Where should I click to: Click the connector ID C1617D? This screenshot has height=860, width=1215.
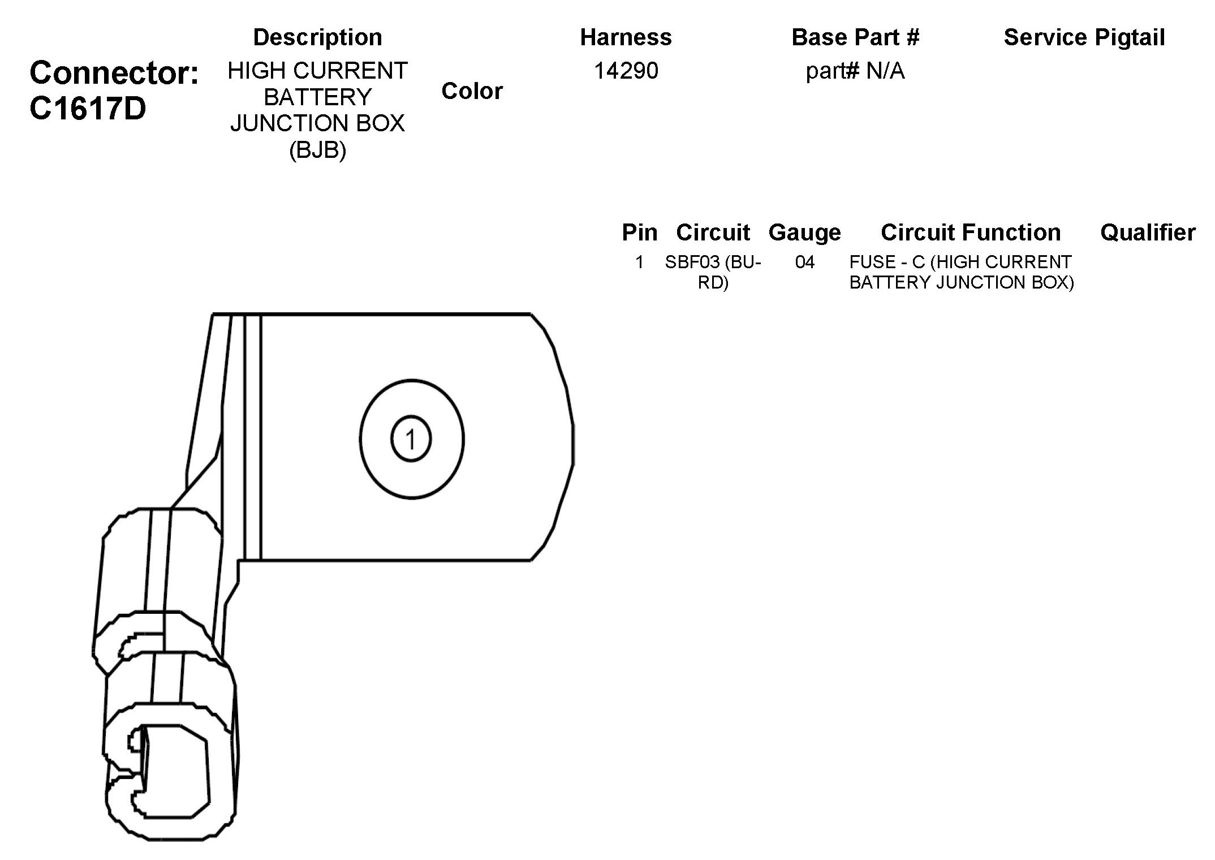(x=88, y=109)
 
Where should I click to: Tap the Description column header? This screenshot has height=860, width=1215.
(x=318, y=37)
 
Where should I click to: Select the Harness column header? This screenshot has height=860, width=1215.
(x=626, y=37)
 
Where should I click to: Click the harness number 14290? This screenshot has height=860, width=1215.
(x=626, y=71)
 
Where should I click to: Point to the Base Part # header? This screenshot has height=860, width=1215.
(x=855, y=37)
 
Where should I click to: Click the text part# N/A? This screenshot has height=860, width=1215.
(x=855, y=71)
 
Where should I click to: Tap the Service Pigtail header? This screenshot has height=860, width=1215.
(x=1084, y=37)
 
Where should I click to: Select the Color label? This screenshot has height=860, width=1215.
(x=472, y=91)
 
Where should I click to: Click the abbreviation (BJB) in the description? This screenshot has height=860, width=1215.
(x=318, y=150)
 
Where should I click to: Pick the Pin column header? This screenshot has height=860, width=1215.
(x=640, y=233)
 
